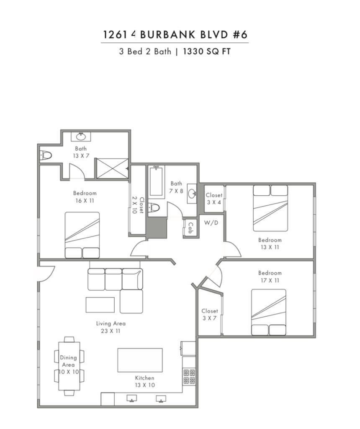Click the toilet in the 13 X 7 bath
[x=46, y=155]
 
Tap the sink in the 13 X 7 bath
[x=81, y=136]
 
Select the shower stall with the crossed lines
[x=113, y=168]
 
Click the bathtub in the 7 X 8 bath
[x=156, y=181]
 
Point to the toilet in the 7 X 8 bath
[x=154, y=207]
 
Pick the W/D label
[x=211, y=223]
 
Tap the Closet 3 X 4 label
[x=214, y=199]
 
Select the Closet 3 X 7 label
[x=210, y=314]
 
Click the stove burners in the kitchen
[x=189, y=377]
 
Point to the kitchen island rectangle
[x=140, y=360]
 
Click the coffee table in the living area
[x=100, y=305]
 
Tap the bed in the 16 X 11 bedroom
[x=82, y=235]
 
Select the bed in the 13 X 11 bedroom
[x=270, y=208]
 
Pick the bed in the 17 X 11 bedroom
[x=269, y=312]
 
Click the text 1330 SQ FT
[x=207, y=52]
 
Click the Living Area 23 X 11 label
[x=111, y=327]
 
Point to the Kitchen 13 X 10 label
[x=144, y=381]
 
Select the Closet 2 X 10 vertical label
[x=138, y=205]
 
